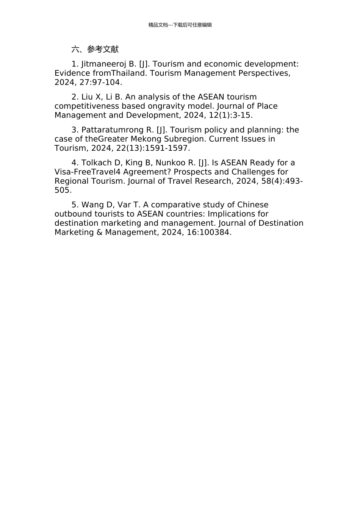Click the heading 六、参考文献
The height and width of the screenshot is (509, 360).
95,49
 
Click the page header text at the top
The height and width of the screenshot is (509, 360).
180,25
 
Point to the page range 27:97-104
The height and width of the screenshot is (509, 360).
100,82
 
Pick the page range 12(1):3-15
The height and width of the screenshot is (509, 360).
230,115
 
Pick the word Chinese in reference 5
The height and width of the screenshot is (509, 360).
253,205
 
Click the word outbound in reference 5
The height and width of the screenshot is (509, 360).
73,214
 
